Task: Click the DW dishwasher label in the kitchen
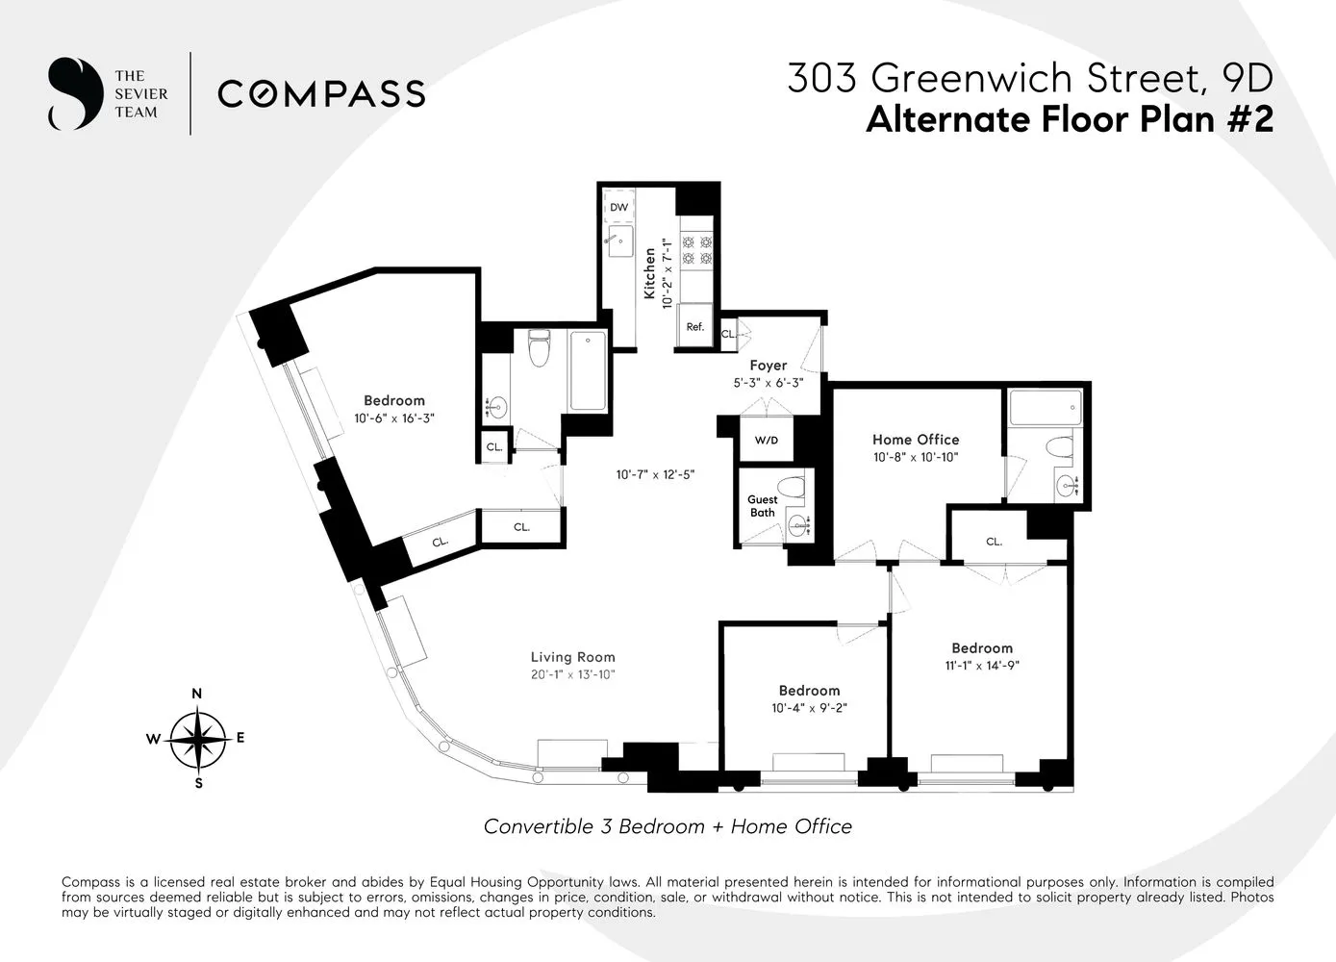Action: pos(618,208)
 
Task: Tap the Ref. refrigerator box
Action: pos(694,326)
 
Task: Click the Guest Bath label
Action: pos(762,506)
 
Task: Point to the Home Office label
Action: pos(915,440)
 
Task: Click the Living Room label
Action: pos(572,658)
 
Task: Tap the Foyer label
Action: pos(768,366)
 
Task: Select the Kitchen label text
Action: pos(650,273)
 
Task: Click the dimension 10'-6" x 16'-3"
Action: pos(393,418)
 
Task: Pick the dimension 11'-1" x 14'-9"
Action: pos(982,666)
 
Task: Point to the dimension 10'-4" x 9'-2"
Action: pos(809,708)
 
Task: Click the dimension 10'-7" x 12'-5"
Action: pos(655,474)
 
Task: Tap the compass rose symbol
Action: pos(198,739)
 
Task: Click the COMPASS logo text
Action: pos(321,94)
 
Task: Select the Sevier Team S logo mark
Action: pos(75,94)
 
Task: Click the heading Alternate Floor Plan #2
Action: pos(1069,120)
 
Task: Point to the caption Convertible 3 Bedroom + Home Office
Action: pos(668,826)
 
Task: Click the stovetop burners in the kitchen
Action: pos(696,250)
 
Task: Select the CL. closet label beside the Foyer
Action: pos(728,334)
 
